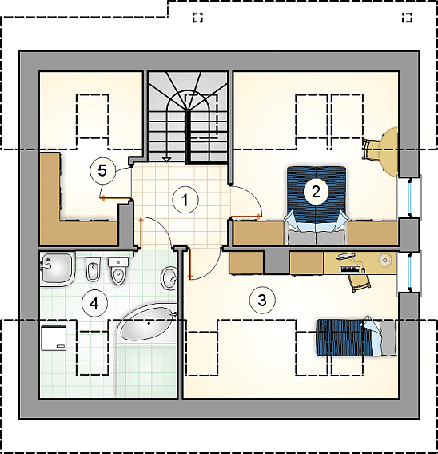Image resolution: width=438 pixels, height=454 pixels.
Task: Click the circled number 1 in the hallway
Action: (185, 200)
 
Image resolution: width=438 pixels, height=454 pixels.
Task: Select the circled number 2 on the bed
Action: (316, 191)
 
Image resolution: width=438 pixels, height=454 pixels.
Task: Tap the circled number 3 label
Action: (262, 300)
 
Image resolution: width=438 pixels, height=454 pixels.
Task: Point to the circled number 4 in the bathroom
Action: (94, 304)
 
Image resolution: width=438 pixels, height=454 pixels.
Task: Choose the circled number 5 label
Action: (102, 171)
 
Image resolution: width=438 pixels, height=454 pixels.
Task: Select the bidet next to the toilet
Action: (93, 269)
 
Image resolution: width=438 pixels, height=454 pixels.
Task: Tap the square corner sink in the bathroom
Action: (57, 269)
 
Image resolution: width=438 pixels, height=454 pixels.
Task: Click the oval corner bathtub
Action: (146, 324)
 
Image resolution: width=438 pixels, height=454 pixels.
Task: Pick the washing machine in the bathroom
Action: (54, 337)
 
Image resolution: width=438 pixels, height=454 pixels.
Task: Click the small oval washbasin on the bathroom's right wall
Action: (169, 278)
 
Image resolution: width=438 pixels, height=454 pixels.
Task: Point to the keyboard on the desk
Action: (350, 270)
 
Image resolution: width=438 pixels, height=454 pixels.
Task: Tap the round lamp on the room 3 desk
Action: (384, 260)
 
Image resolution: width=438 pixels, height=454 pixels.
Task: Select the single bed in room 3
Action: (356, 337)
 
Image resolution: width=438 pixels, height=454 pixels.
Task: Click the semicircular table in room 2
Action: (389, 152)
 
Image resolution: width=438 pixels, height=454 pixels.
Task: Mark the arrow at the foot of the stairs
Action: (167, 159)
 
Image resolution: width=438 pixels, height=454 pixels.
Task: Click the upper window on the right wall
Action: (410, 197)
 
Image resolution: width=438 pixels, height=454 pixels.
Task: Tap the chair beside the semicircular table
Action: (369, 149)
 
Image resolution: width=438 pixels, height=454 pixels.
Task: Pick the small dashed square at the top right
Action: (407, 18)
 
